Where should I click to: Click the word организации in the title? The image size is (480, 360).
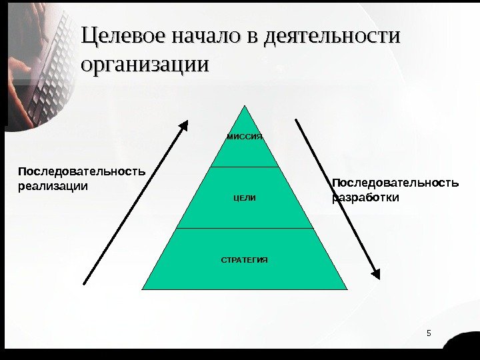point(144,67)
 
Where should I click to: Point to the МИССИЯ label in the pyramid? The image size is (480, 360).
point(245,137)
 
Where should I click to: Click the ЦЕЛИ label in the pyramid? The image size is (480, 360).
point(245,199)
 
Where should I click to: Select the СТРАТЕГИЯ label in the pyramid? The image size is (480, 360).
point(245,259)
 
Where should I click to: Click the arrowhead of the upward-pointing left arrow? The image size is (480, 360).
point(187,125)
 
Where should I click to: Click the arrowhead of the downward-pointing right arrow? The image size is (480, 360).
point(376,273)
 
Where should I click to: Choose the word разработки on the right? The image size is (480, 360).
point(367,198)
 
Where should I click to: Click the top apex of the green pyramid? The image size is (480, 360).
point(245,107)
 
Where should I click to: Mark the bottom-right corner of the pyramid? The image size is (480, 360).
point(347,289)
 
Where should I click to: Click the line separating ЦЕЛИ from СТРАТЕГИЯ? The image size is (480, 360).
point(245,228)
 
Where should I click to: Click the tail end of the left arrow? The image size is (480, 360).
point(85,283)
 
